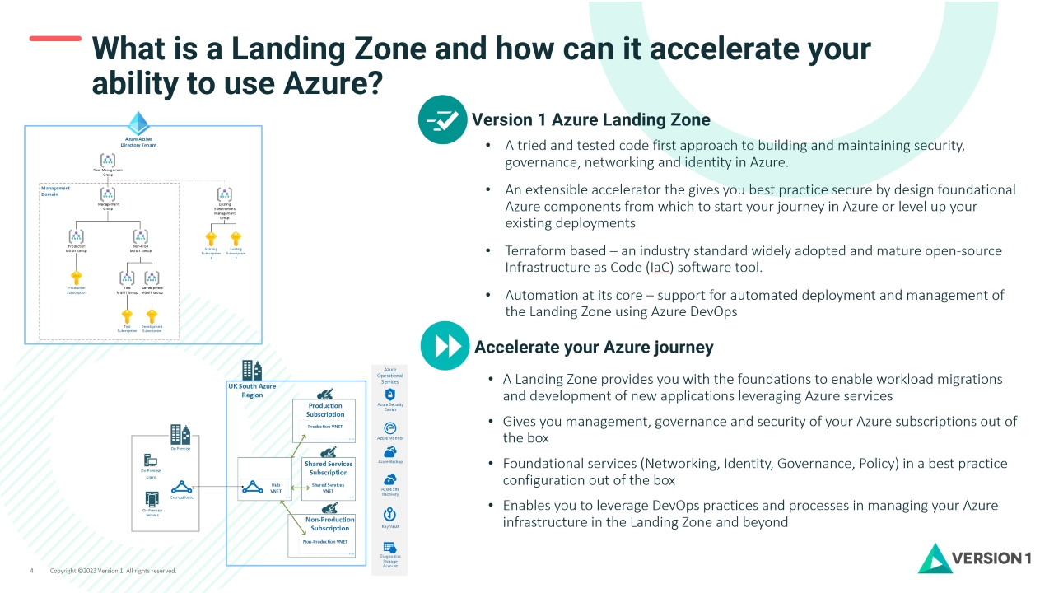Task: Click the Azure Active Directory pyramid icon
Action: [138, 124]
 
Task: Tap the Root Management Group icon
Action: [108, 160]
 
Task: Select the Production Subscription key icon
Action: [77, 278]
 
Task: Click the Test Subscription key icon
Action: [127, 315]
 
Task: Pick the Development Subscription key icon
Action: [152, 315]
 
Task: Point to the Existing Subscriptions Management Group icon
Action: [224, 194]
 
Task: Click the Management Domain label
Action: [55, 190]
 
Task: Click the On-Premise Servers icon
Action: [151, 498]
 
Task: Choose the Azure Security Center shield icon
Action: [390, 395]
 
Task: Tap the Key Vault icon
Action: [390, 515]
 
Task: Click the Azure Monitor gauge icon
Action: [390, 428]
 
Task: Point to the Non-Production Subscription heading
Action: [329, 524]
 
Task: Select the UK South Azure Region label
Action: [252, 390]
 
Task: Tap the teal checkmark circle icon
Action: [442, 120]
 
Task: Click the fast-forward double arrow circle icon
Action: [445, 346]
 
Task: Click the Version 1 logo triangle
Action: [935, 558]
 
